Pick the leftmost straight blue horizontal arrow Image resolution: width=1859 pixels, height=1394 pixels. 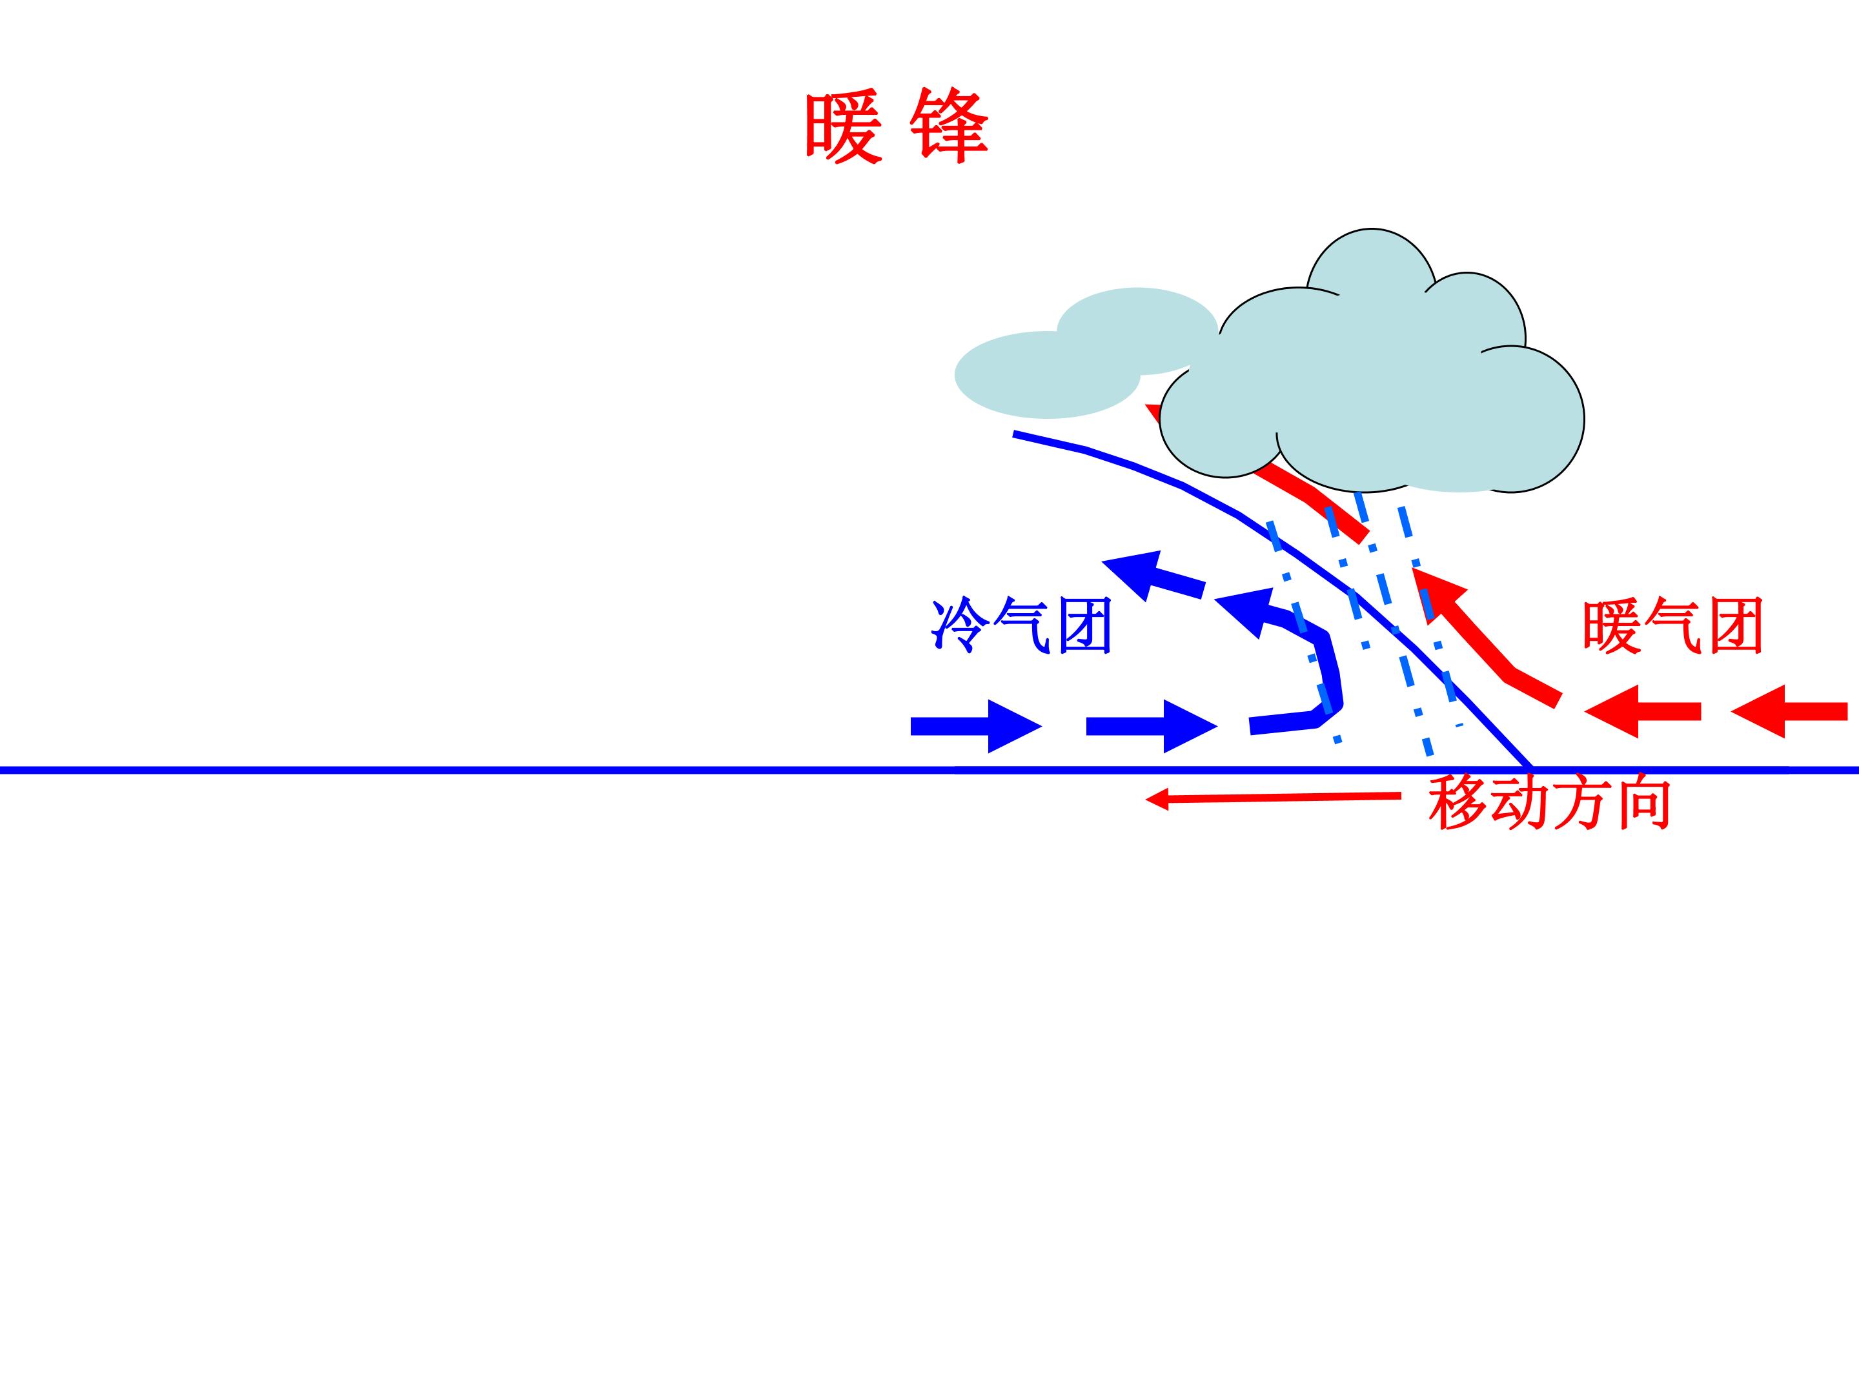[x=977, y=726]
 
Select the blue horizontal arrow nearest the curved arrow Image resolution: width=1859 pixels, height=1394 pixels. [x=1152, y=726]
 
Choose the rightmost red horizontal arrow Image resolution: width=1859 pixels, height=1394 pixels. [x=1789, y=712]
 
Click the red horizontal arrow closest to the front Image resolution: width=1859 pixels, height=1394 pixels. [x=1643, y=712]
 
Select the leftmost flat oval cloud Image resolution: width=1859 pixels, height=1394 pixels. [x=1047, y=375]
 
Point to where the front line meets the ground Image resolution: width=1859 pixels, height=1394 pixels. [x=1531, y=769]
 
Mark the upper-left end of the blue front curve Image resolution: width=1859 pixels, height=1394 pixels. [x=1015, y=434]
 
